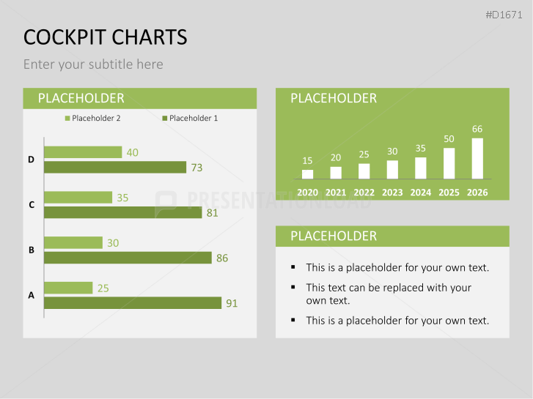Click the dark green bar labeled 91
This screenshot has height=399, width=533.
tap(133, 303)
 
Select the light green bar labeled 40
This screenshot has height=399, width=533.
tap(83, 152)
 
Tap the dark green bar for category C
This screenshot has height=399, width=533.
tap(122, 212)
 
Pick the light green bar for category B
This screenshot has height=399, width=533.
tap(73, 242)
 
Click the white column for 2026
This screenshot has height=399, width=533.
tap(477, 158)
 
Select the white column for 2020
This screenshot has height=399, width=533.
tap(308, 174)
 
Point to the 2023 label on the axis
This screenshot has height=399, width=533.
tap(392, 193)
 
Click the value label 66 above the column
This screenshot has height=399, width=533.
tap(477, 130)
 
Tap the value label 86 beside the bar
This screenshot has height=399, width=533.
tap(222, 258)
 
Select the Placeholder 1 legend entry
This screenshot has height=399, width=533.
tap(190, 118)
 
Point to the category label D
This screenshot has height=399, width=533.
tap(32, 160)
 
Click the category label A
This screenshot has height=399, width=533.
tap(32, 296)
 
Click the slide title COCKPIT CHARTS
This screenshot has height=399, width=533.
tap(105, 37)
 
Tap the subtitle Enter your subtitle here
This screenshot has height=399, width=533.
tap(93, 64)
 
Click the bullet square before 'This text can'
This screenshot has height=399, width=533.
tap(293, 288)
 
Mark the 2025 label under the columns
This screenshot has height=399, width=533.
tap(449, 193)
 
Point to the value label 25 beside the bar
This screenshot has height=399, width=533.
tap(103, 288)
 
